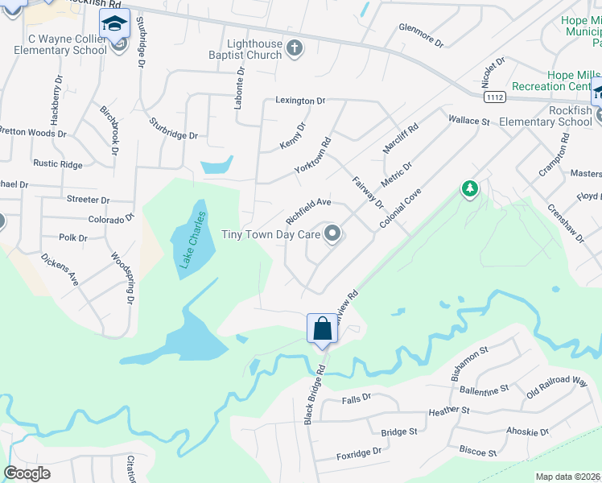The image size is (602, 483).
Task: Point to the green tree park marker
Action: click(469, 189)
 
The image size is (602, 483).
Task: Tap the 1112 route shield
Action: click(496, 97)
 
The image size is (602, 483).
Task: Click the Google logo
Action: click(27, 473)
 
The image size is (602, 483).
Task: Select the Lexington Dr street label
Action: click(299, 101)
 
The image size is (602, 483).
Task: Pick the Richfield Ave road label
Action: click(308, 210)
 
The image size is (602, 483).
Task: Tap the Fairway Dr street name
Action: click(368, 194)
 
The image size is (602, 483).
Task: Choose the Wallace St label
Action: click(469, 121)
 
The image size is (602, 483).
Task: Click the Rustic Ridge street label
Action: click(57, 164)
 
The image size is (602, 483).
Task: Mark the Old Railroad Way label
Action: click(557, 387)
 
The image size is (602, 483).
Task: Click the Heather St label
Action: click(449, 411)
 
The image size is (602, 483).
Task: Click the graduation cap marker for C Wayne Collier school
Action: click(114, 24)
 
